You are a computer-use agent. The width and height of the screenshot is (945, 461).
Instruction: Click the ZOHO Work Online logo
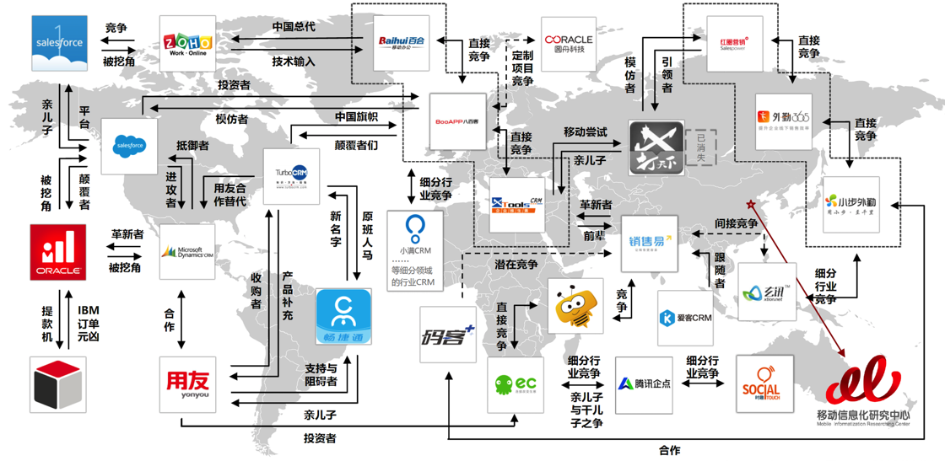[187, 43]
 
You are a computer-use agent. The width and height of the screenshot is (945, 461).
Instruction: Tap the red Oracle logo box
[58, 252]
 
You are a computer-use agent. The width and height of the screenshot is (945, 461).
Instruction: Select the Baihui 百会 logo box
[402, 43]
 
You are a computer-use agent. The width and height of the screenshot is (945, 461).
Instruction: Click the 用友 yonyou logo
[187, 384]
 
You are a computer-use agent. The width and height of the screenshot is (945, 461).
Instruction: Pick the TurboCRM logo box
[291, 176]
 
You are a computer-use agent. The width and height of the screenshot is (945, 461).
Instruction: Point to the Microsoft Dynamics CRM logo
[187, 252]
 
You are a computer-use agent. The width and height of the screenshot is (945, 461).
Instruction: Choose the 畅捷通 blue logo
[343, 317]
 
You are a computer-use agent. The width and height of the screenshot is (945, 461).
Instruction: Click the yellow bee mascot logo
[575, 307]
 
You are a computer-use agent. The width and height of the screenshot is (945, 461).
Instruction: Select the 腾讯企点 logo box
[644, 384]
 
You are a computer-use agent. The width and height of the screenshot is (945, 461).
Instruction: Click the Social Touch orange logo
[764, 383]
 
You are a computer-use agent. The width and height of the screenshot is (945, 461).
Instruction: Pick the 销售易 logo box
[650, 244]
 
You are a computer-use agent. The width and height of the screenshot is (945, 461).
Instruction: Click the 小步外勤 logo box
[851, 205]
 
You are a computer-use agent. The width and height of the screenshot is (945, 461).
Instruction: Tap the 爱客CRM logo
[685, 319]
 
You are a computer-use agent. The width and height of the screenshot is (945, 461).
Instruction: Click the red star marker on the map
[748, 204]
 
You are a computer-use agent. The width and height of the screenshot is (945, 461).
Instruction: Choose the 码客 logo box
[448, 335]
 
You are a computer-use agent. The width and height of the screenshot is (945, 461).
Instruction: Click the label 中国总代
[294, 27]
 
